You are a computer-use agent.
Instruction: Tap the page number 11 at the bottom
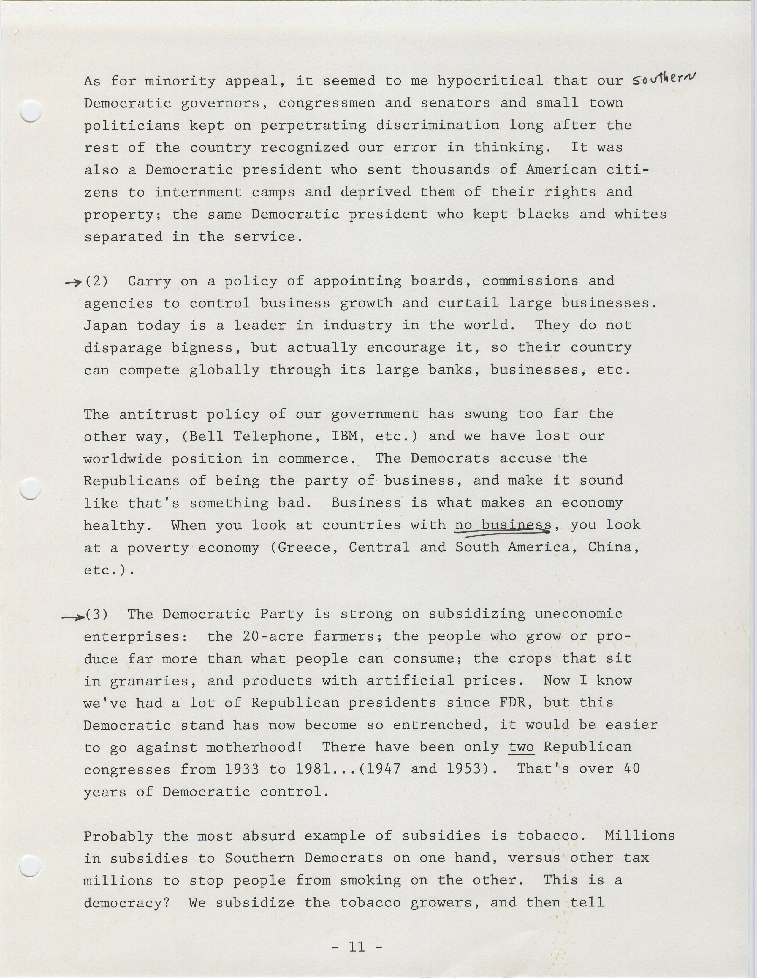(x=357, y=946)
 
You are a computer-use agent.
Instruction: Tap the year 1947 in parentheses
(x=383, y=769)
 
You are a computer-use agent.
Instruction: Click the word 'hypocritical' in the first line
(x=490, y=81)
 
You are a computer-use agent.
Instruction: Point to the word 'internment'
(x=198, y=193)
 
